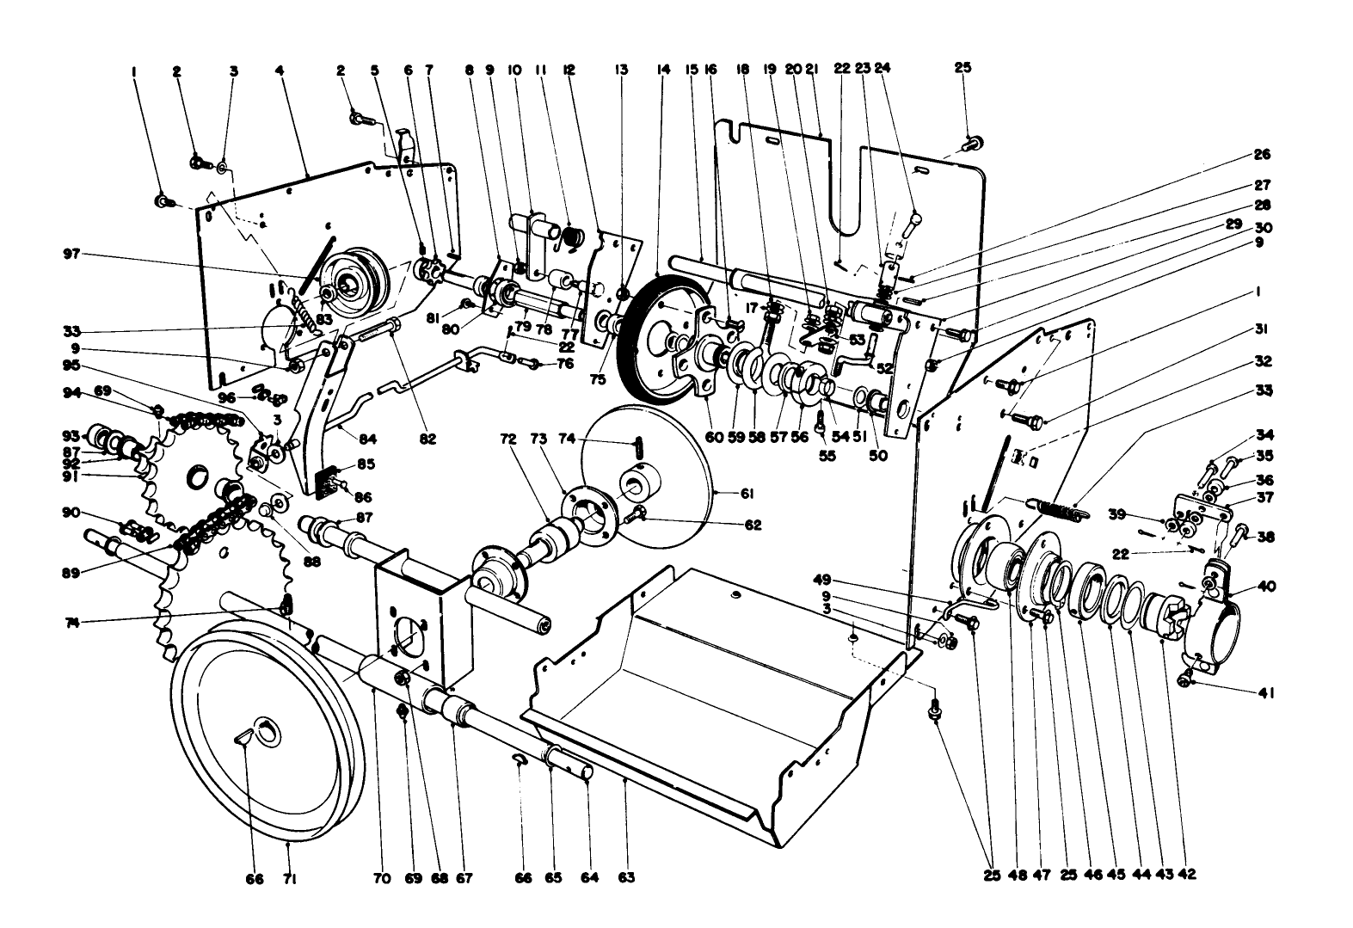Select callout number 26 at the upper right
[x=1261, y=155]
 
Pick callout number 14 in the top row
[x=662, y=69]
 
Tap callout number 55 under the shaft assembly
[x=827, y=456]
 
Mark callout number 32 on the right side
[x=1261, y=361]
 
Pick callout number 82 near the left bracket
[x=427, y=439]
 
